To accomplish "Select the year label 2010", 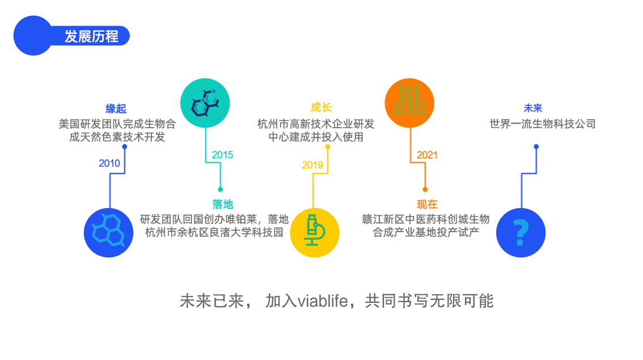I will [x=109, y=163].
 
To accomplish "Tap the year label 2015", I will [x=222, y=155].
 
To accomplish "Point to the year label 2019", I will [x=312, y=165].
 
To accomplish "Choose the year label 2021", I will [x=427, y=155].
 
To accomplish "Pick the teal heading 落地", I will [x=223, y=205].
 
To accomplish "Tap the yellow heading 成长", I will [x=321, y=108].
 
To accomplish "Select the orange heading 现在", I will [x=427, y=205].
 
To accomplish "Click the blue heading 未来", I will [x=533, y=108].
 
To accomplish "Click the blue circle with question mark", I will [x=521, y=232].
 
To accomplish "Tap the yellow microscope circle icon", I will [x=315, y=232].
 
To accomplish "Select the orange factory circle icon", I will [x=409, y=102].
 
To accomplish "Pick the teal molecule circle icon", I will [x=205, y=102].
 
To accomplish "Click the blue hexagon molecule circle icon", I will [x=108, y=232].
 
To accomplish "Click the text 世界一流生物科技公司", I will [x=543, y=124].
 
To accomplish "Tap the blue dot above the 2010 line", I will [x=125, y=146].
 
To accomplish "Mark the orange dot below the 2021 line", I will [x=425, y=189].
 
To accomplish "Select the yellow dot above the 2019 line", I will [x=328, y=146].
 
